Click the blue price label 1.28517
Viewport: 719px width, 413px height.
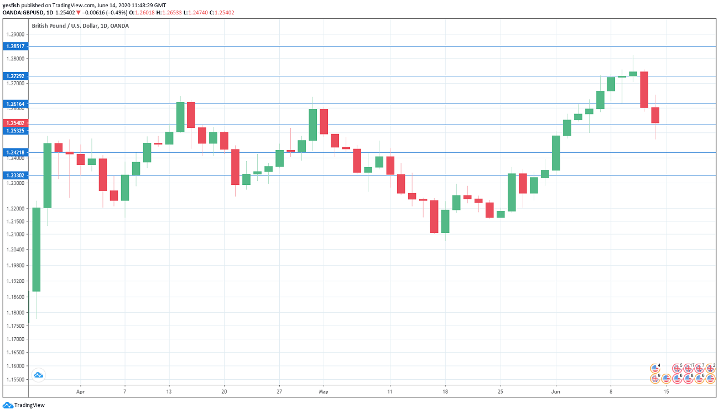(14, 47)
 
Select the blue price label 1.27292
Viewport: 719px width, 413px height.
(14, 76)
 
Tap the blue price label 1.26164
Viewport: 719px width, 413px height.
(14, 104)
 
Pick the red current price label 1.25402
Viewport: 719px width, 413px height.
(14, 123)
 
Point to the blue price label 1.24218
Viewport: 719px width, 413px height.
(14, 152)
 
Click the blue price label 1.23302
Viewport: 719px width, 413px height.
(14, 175)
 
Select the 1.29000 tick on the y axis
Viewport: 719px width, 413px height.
(15, 34)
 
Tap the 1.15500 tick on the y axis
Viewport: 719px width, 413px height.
(15, 380)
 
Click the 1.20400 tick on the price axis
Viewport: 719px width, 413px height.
(15, 250)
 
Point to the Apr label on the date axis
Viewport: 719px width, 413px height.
(80, 391)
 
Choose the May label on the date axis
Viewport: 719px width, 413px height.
(324, 391)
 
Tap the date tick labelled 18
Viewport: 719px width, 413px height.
(445, 391)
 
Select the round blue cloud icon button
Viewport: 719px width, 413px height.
(38, 375)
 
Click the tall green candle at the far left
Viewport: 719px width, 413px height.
(37, 249)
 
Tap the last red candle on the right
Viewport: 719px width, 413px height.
(655, 115)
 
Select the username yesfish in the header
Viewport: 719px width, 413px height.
(12, 4)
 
